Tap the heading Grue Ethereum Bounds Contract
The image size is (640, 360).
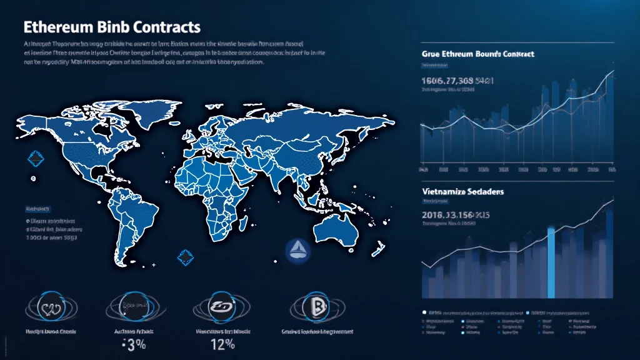478,54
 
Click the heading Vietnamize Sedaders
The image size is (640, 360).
463,191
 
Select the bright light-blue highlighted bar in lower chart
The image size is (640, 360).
551,262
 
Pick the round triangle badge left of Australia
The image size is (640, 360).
296,250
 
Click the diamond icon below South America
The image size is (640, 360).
186,256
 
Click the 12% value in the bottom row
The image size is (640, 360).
222,344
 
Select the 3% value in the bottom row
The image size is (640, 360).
132,344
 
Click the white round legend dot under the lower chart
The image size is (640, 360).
424,311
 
